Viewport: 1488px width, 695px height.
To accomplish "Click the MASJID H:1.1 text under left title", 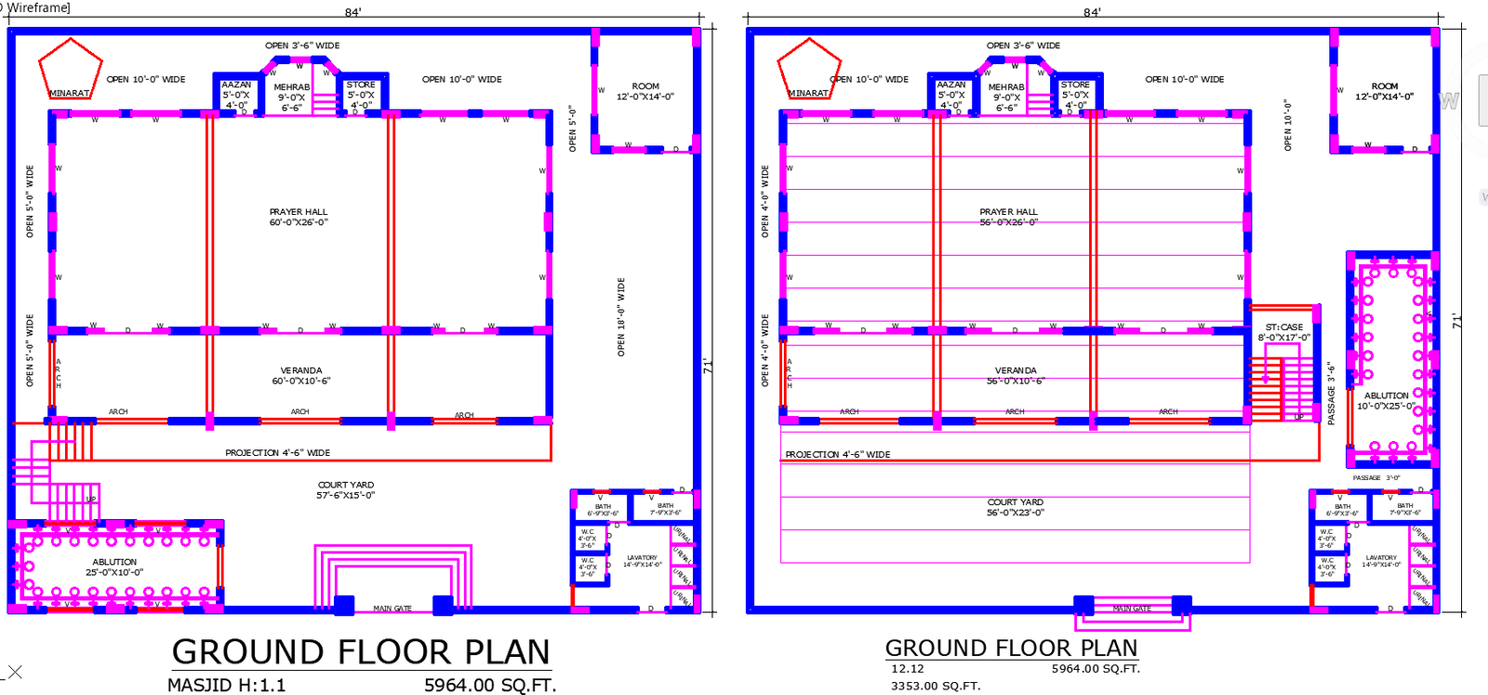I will pos(226,685).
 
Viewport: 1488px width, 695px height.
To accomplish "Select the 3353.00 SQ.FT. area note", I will pos(936,686).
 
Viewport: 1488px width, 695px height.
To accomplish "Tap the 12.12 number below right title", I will pos(907,668).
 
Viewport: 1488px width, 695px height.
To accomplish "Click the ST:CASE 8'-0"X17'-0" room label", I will pos(1283,332).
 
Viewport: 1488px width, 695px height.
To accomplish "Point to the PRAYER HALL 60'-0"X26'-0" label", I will pos(298,217).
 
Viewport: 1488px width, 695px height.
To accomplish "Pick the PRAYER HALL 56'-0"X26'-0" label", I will pos(1008,217).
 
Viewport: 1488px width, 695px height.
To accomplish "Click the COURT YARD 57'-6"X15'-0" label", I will pos(345,489).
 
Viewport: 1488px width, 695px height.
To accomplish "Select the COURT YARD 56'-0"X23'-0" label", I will pos(1015,507).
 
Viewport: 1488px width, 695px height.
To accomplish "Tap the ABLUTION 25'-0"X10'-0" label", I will pos(114,567).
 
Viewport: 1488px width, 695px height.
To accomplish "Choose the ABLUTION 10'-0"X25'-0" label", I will pos(1386,400).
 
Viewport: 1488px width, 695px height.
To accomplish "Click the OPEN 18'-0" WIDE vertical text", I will pos(621,316).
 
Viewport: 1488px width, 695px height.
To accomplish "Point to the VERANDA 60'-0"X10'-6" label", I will pos(300,375).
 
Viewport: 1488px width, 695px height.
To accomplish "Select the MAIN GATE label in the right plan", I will pos(1132,608).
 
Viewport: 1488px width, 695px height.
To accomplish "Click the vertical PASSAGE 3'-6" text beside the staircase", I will pos(1331,393).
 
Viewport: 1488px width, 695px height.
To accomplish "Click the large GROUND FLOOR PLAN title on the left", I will pos(361,651).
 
